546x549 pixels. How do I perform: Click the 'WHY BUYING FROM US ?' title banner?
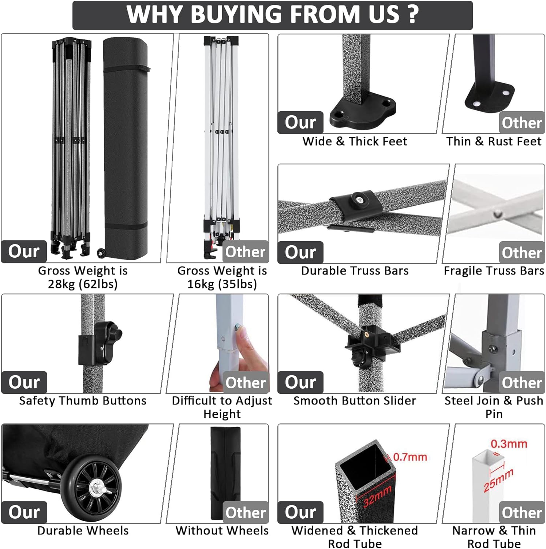273,15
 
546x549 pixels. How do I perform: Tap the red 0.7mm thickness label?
410,457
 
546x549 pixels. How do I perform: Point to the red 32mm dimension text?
377,496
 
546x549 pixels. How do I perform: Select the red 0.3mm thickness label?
509,444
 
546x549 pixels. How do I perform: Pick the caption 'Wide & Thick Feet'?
355,141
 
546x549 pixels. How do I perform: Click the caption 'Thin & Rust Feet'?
494,141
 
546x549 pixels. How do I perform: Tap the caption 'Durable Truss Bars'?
355,270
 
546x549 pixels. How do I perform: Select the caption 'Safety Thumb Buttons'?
83,400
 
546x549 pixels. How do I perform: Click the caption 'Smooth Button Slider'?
355,400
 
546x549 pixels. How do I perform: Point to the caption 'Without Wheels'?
222,530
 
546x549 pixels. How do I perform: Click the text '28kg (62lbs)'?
83,284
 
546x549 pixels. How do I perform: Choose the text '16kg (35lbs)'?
222,284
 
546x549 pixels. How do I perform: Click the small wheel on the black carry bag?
100,253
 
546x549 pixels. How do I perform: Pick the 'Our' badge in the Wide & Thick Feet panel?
300,122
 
